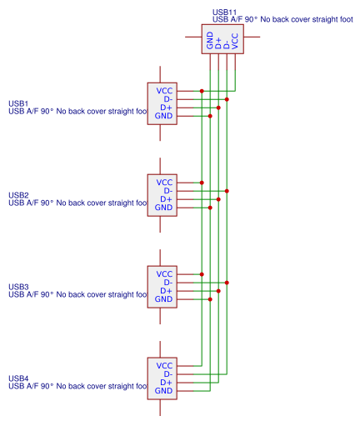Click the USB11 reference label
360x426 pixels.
click(224, 13)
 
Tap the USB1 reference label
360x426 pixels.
click(18, 103)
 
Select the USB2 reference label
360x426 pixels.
click(18, 195)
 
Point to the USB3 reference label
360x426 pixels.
click(18, 287)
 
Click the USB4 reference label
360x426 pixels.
click(18, 378)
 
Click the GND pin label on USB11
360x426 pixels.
click(210, 40)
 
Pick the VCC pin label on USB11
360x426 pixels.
click(235, 41)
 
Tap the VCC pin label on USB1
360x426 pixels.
click(164, 91)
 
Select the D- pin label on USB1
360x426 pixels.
click(168, 99)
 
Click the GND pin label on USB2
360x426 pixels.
click(163, 208)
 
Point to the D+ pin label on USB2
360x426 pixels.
click(167, 199)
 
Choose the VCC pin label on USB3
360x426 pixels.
click(164, 274)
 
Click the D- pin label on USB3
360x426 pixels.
click(168, 283)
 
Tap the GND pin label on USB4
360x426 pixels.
click(163, 391)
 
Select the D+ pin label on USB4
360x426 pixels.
click(167, 383)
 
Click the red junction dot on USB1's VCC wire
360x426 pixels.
click(202, 91)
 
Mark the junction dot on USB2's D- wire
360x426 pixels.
click(227, 191)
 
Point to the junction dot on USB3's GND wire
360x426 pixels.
click(210, 299)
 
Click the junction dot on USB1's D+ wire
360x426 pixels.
click(218, 108)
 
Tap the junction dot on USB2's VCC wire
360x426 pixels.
click(202, 183)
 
